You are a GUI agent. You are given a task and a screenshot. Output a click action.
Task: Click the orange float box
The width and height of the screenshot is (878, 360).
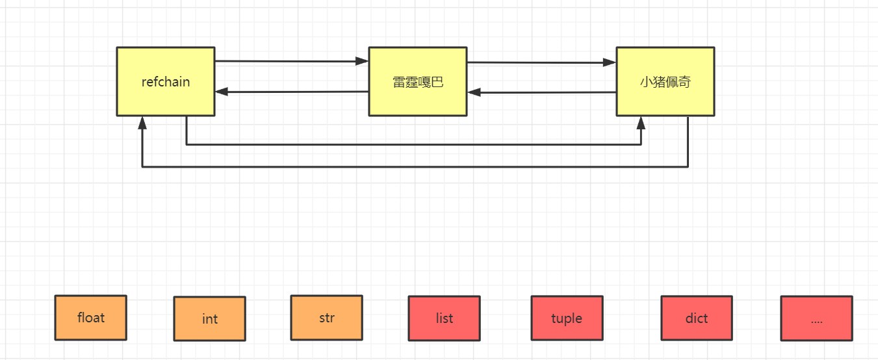click(x=90, y=318)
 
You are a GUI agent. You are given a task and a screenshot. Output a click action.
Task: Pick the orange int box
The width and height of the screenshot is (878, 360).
click(x=209, y=318)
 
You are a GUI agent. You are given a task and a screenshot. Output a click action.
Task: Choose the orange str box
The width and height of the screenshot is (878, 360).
click(x=326, y=318)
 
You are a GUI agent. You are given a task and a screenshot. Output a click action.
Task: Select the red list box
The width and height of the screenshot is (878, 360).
click(x=444, y=318)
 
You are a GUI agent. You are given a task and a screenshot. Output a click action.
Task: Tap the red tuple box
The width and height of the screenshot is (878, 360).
click(x=566, y=318)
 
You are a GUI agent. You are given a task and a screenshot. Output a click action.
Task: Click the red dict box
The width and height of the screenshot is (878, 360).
click(x=696, y=318)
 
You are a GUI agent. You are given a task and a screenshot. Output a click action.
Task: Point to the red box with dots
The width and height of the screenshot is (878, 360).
click(x=816, y=318)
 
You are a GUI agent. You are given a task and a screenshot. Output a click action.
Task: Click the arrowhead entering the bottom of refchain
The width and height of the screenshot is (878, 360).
click(x=142, y=123)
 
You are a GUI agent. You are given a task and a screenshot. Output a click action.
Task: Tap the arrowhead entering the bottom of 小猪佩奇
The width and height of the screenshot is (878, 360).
click(x=641, y=123)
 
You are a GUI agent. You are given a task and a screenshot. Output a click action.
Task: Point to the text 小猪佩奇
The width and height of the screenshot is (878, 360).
click(x=665, y=83)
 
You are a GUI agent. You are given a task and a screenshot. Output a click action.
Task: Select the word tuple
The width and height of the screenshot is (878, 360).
click(x=566, y=318)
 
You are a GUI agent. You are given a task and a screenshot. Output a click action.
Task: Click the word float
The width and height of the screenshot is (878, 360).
click(x=90, y=318)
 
